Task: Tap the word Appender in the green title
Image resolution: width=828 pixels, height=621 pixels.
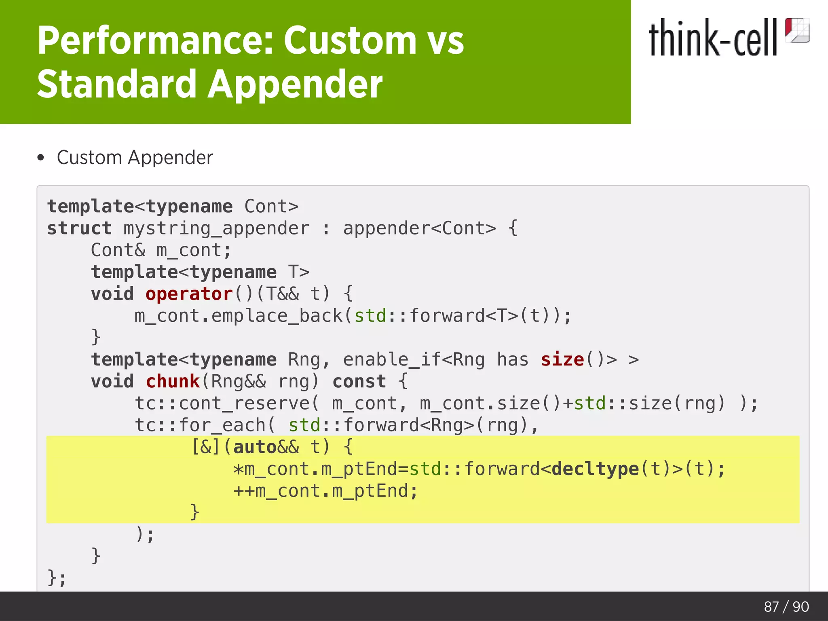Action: click(x=295, y=84)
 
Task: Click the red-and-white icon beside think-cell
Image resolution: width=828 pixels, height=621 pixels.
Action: click(x=796, y=30)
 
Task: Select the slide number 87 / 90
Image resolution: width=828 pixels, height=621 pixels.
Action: click(x=786, y=606)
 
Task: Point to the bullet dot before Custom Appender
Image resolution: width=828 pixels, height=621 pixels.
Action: click(x=40, y=158)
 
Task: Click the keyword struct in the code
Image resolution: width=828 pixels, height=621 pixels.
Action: click(x=79, y=228)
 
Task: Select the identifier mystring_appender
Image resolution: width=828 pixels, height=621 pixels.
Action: click(x=216, y=228)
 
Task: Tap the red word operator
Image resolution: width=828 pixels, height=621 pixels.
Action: click(x=189, y=294)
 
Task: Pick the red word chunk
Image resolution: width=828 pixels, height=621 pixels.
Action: click(x=173, y=381)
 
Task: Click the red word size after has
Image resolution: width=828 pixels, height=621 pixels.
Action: click(x=562, y=359)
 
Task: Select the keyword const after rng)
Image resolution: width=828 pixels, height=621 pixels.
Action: click(x=359, y=381)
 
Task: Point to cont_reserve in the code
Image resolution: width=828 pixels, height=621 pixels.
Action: click(x=244, y=403)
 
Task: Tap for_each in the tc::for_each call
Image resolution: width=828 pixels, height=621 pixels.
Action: click(x=222, y=425)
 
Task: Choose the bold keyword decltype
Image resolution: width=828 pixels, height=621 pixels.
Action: click(x=595, y=469)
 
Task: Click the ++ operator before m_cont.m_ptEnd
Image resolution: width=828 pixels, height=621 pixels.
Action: click(x=244, y=491)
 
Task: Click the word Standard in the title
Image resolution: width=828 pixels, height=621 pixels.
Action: click(x=117, y=84)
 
